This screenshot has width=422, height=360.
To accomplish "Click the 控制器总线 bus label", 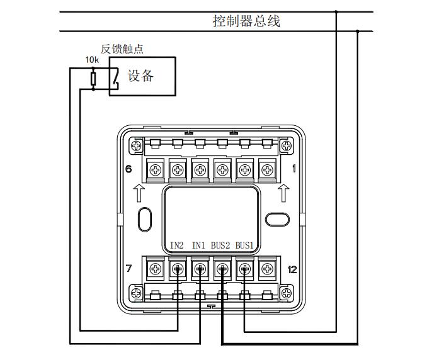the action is pos(246,21).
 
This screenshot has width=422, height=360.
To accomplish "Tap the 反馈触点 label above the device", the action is pos(122,49).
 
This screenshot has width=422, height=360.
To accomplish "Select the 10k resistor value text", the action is pos(92,60).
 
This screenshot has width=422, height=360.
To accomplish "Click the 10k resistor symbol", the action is pos(93,79).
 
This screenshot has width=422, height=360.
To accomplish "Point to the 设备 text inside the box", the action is pos(140,76).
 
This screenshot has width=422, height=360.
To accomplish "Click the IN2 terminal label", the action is pos(177,245).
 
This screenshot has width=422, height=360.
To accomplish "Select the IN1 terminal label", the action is pos(198,245).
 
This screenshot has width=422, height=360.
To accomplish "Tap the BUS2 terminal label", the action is pos(220,245).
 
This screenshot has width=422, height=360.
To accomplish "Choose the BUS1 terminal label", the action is pos(244,245).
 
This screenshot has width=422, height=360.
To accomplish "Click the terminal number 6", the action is pos(128,169).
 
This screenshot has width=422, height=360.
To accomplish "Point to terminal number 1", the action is pos(294,169).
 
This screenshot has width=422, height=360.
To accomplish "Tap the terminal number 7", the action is pos(128,268).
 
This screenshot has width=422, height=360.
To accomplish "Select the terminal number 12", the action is pos(292,269).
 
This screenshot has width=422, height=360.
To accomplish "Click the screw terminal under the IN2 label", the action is pos(178,269).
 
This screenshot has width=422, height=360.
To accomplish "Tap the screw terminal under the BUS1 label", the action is pos(244,269).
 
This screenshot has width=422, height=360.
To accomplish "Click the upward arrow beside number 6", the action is pos(139,193).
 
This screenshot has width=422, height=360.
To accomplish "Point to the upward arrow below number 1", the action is pos(283,193).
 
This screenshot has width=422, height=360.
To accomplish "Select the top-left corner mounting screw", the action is pos(136,146).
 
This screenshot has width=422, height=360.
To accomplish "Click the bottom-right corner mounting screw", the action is pos(287,293).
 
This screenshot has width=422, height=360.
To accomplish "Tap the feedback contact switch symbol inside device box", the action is pos(115,79).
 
